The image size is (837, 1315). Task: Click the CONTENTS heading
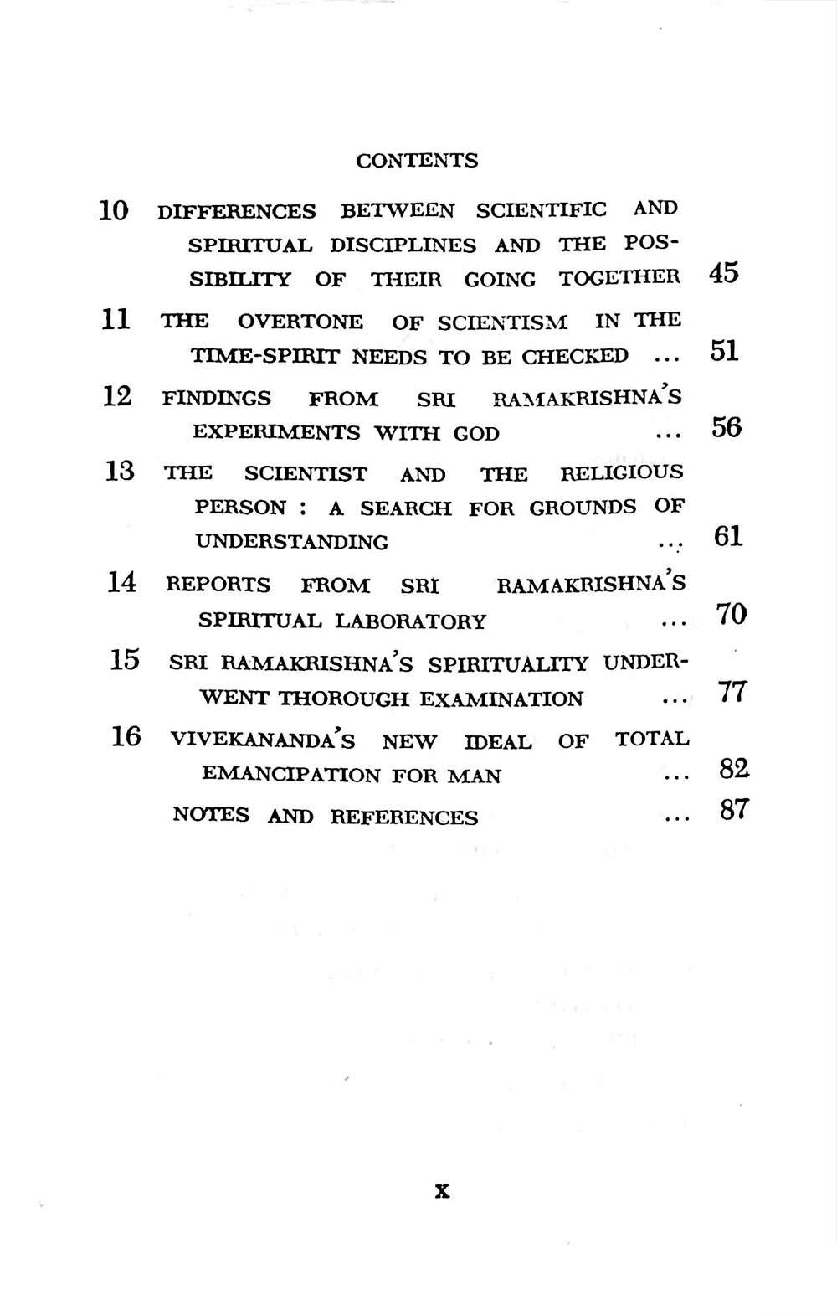click(417, 161)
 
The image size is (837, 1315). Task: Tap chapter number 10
click(114, 209)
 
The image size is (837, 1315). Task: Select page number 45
click(723, 273)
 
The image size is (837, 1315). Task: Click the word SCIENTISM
click(502, 322)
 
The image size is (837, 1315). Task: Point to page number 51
click(724, 351)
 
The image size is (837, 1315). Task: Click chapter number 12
click(117, 396)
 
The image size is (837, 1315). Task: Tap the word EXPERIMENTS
click(277, 433)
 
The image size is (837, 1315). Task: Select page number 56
click(727, 428)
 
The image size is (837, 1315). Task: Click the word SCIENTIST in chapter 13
click(306, 474)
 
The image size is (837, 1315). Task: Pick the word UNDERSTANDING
click(291, 542)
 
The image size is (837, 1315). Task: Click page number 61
click(728, 536)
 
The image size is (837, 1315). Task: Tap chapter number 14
click(122, 581)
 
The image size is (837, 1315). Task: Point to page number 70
click(731, 615)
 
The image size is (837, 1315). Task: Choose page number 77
click(732, 693)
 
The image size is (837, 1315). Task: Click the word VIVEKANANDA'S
click(262, 740)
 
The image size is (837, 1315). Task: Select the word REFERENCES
click(404, 817)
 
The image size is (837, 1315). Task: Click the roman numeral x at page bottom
click(443, 1190)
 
